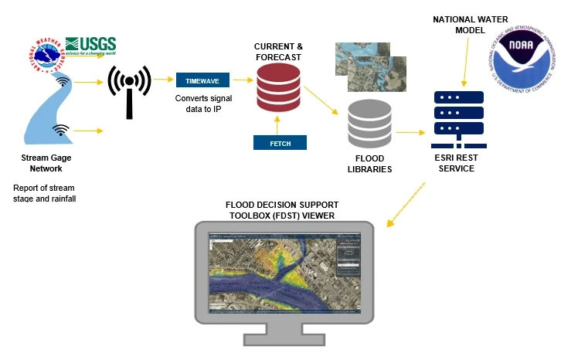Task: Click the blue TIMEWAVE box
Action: (x=202, y=80)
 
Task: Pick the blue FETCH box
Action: (x=280, y=142)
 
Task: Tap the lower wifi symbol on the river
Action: (x=59, y=129)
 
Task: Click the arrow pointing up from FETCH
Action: (x=280, y=123)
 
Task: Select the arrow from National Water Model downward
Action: (x=464, y=63)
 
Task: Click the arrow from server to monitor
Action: (x=405, y=204)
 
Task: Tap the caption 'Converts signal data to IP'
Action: (x=202, y=104)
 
